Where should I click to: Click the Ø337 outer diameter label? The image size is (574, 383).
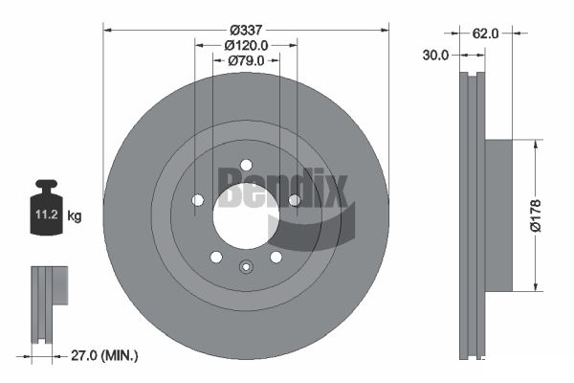(x=246, y=30)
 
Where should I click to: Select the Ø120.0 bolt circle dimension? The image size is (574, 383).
(x=246, y=45)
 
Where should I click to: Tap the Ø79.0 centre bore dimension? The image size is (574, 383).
(x=246, y=60)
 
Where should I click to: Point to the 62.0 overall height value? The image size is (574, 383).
(x=485, y=34)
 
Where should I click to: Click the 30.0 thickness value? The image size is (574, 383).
(x=435, y=56)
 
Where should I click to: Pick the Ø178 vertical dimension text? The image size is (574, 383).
(x=535, y=215)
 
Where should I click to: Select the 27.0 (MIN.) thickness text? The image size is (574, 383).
(x=104, y=355)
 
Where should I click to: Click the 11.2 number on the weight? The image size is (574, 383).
(x=47, y=214)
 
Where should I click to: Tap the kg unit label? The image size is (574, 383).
(x=75, y=215)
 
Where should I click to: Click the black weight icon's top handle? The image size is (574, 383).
(x=47, y=183)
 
